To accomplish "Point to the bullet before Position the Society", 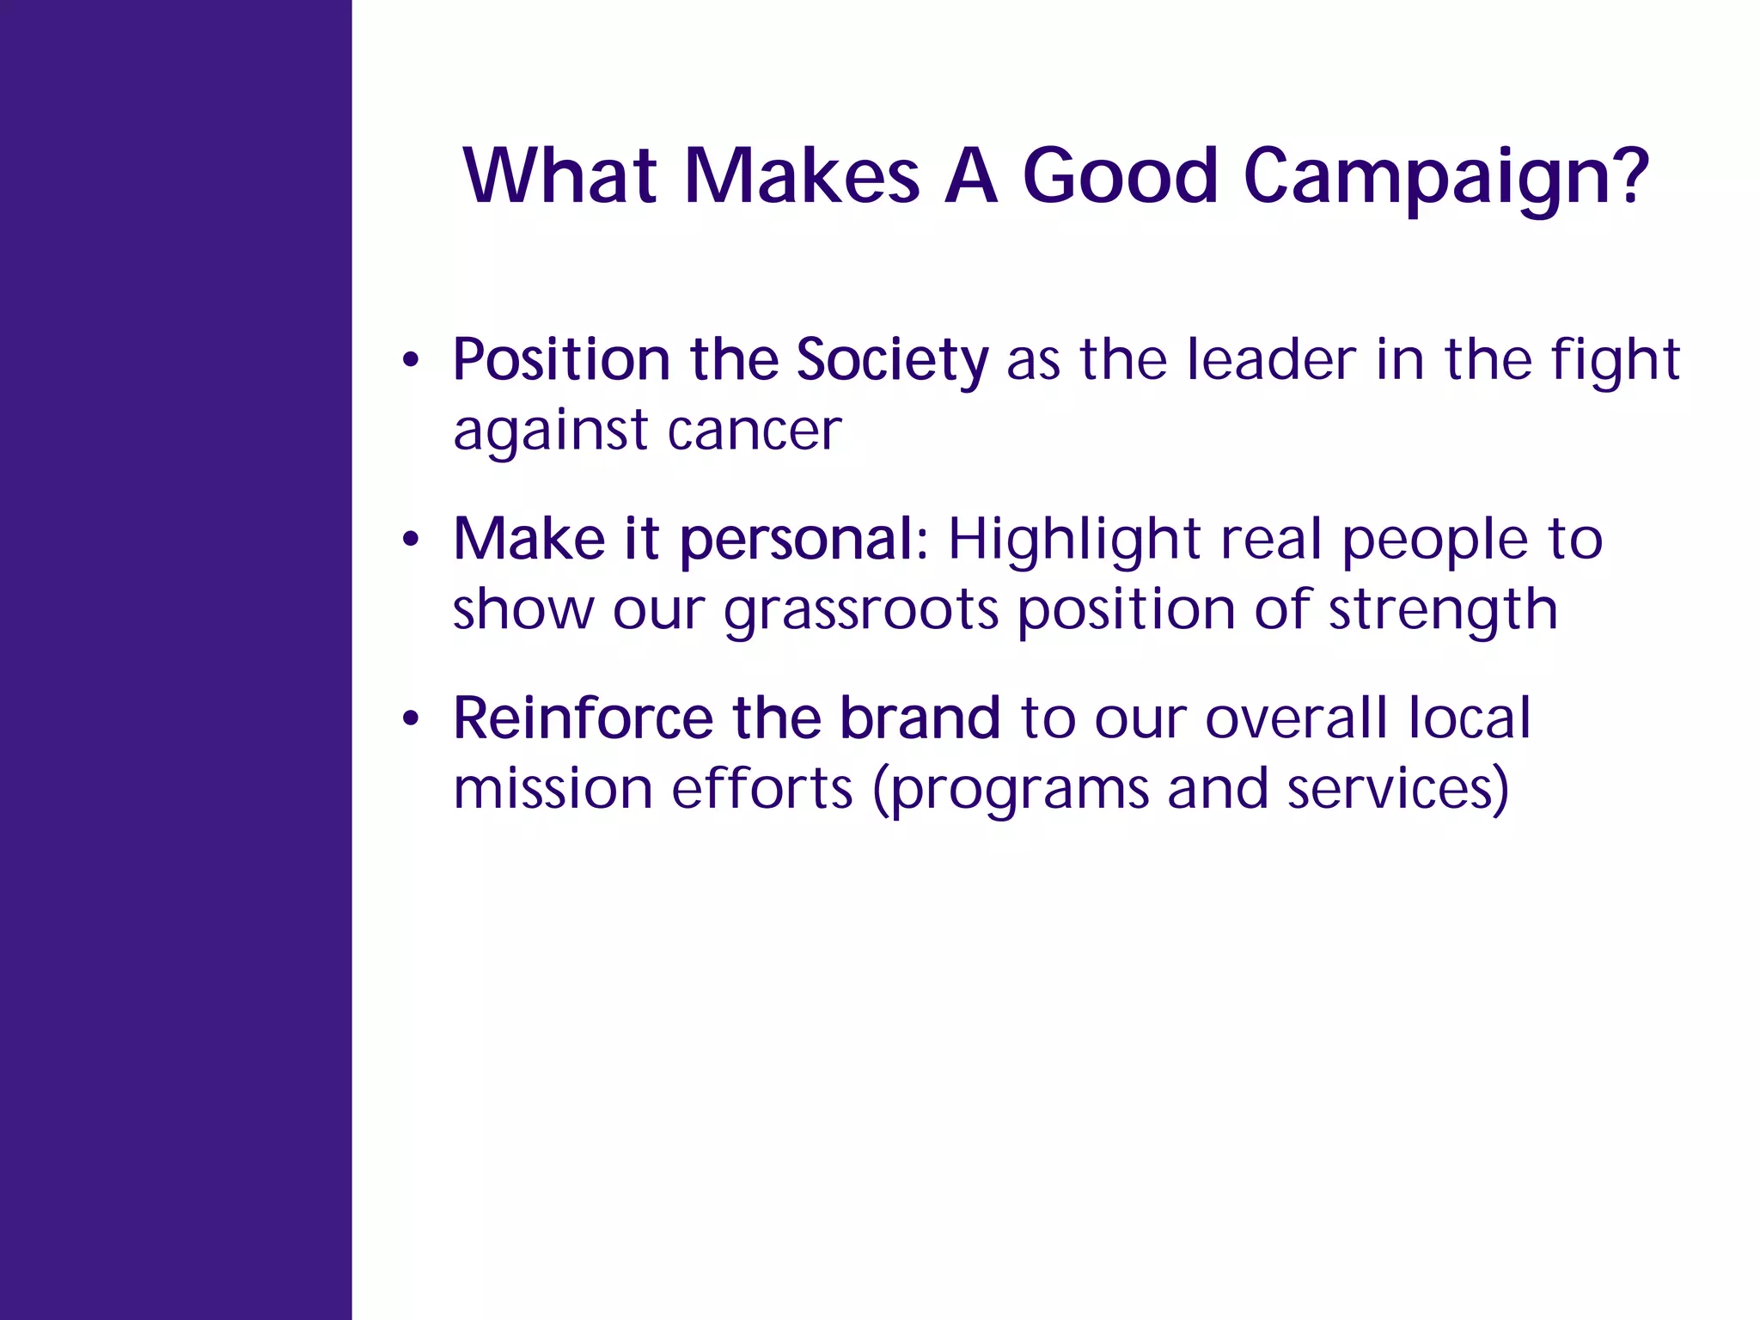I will point(411,360).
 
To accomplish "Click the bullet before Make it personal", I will point(411,540).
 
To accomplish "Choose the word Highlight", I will point(1073,541).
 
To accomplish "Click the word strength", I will point(1443,610).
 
